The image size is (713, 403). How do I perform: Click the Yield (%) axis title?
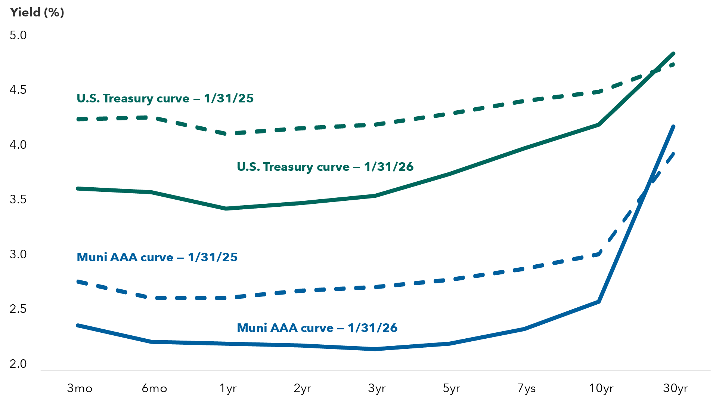[x=37, y=12]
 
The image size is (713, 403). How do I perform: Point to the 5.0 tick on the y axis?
[x=18, y=36]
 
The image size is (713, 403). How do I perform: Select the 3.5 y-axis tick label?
[x=18, y=200]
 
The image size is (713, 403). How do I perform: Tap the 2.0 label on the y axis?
[x=18, y=364]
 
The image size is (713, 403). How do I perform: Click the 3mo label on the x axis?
[x=80, y=388]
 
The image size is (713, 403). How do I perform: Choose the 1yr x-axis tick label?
[x=228, y=388]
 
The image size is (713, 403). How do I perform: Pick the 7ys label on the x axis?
[x=526, y=388]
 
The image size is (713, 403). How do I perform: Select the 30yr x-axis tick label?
[x=675, y=388]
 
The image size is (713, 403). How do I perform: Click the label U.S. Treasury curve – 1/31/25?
[x=165, y=98]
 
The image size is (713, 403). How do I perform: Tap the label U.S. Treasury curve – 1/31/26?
[x=325, y=167]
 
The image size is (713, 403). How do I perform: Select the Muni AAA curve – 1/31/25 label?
[x=157, y=257]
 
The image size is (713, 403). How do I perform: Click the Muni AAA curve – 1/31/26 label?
[x=317, y=328]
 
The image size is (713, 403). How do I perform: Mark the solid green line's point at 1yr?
[x=226, y=209]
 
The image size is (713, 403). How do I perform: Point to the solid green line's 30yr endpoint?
[x=673, y=54]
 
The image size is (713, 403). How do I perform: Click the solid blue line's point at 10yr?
[x=599, y=301]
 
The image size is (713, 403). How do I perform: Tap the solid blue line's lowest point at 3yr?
[x=375, y=349]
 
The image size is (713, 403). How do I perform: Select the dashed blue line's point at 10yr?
[x=599, y=254]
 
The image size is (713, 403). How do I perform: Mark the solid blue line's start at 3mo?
[x=78, y=325]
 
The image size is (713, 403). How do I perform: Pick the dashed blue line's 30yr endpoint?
[x=673, y=153]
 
